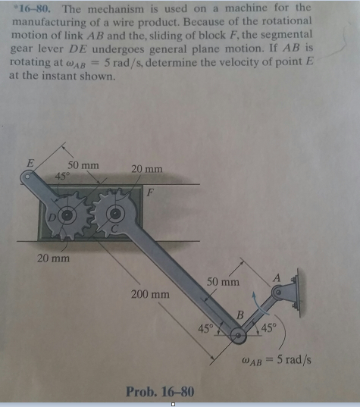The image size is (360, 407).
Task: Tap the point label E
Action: (x=30, y=163)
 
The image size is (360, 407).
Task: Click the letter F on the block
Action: (x=151, y=193)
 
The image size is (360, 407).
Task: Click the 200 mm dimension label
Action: (x=150, y=294)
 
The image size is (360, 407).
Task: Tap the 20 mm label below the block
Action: (x=54, y=258)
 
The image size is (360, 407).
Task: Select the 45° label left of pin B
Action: (x=205, y=329)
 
